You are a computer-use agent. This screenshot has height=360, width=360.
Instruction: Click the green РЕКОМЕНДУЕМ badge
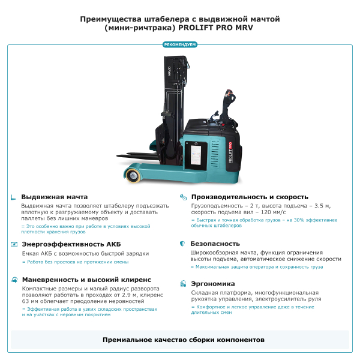[x=180, y=44]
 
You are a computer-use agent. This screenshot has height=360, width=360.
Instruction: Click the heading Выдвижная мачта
[x=55, y=197]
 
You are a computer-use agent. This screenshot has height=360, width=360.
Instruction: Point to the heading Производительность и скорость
[x=250, y=197]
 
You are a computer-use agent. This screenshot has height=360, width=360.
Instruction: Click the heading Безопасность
[x=215, y=244]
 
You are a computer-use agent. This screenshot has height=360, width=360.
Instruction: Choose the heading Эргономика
[x=212, y=283]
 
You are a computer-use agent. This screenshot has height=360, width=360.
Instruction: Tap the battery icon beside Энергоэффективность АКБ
[x=14, y=244]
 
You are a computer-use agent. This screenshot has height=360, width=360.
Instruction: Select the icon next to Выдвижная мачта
[x=14, y=197]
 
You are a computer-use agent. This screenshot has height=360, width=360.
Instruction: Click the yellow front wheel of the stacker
[x=131, y=174]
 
